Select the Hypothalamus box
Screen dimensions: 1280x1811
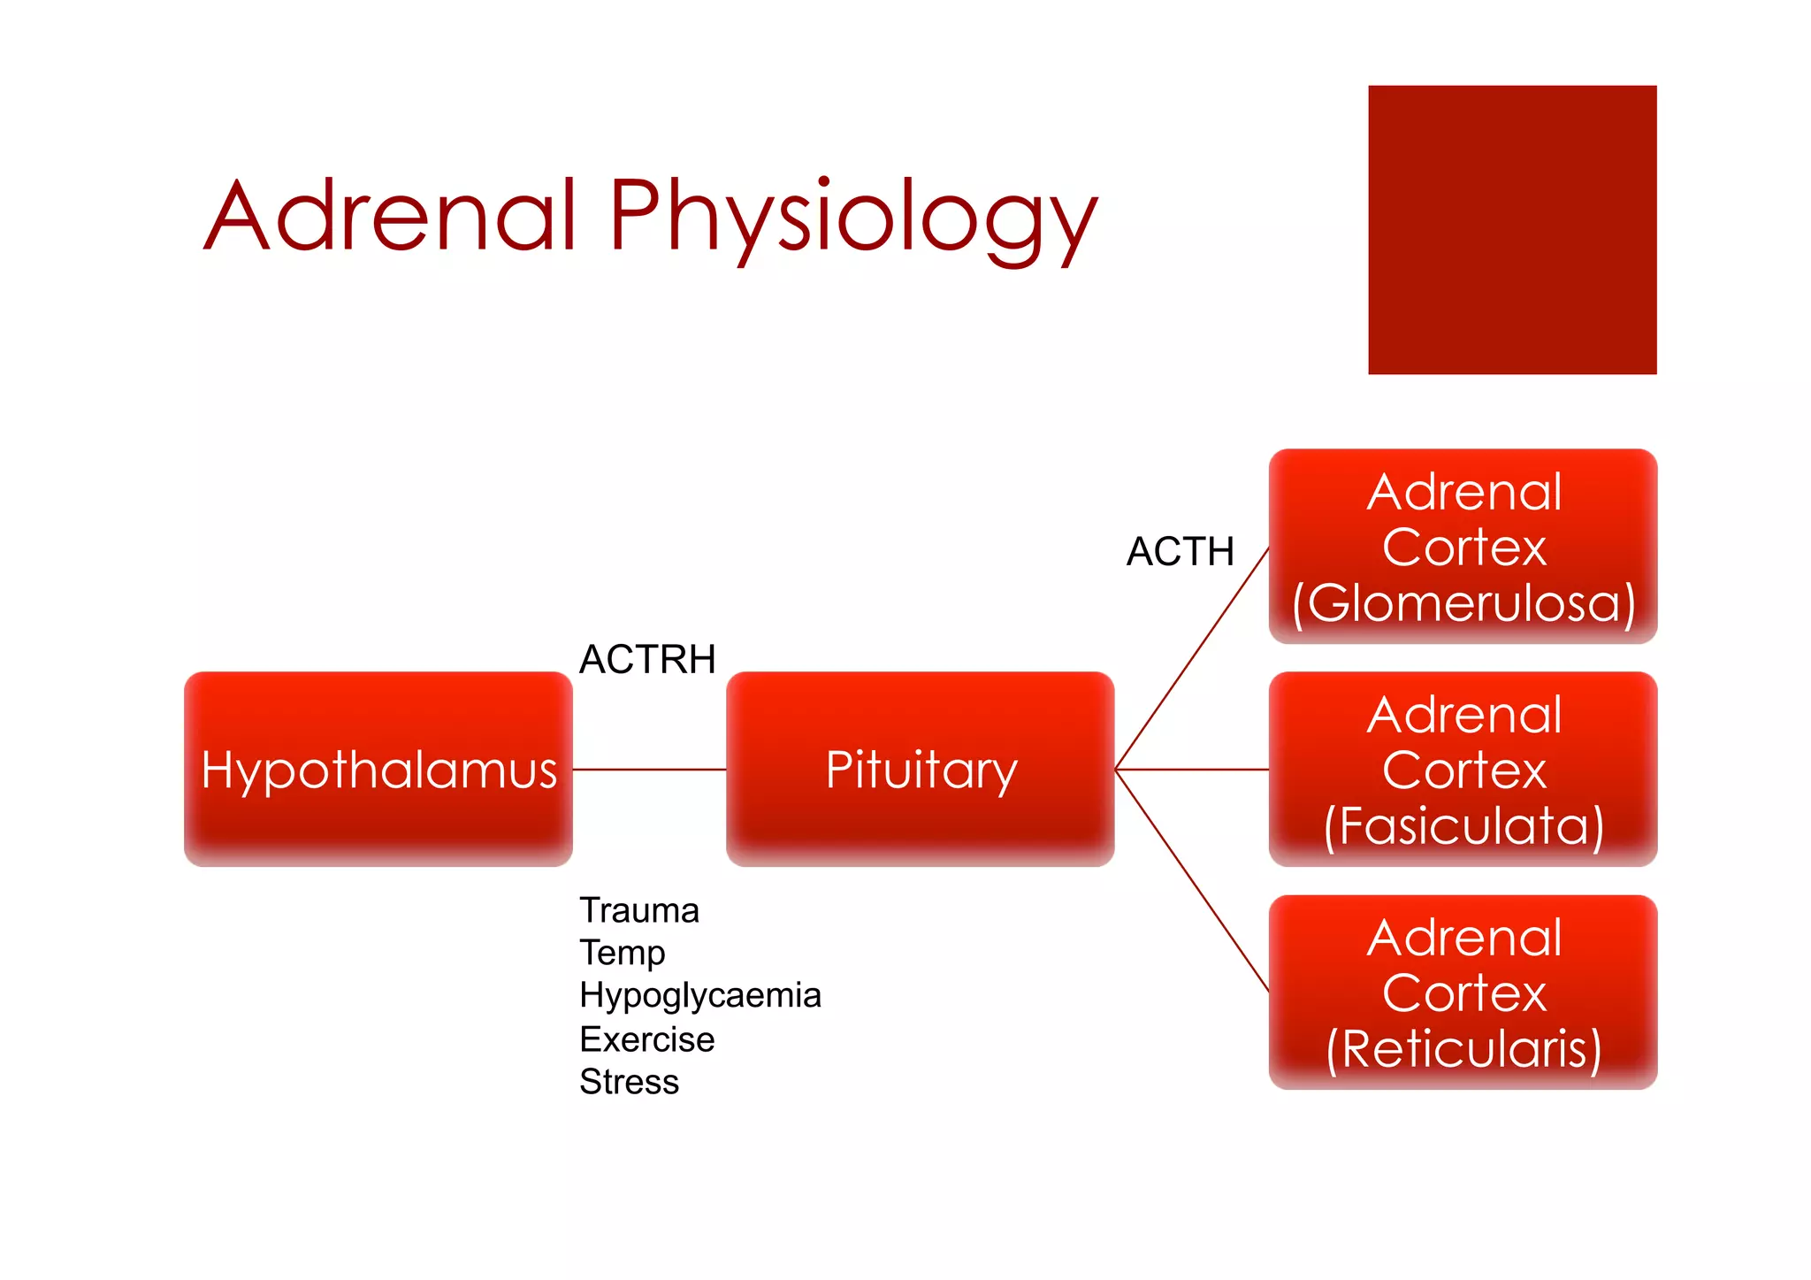click(378, 769)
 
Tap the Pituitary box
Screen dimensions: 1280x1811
click(920, 769)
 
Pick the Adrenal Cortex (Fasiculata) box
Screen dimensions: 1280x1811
click(1463, 769)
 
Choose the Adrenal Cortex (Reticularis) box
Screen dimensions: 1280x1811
click(1463, 992)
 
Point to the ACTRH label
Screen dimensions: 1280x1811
click(646, 660)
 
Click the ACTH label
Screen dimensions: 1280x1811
click(1180, 552)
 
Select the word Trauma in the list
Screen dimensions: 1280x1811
click(639, 910)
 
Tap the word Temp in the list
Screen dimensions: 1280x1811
click(623, 953)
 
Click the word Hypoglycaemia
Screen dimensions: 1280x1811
click(700, 995)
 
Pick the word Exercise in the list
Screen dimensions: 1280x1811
click(646, 1039)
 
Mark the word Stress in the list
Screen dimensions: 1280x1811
click(629, 1082)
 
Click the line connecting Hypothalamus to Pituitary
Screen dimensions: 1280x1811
click(649, 770)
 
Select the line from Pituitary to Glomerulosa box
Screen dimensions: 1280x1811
click(1192, 658)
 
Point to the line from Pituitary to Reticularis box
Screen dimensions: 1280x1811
click(1192, 880)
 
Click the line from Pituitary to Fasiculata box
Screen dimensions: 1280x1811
click(1192, 770)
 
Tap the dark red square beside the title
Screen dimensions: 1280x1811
click(1512, 230)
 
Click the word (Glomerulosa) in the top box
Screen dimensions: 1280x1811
click(1463, 603)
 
